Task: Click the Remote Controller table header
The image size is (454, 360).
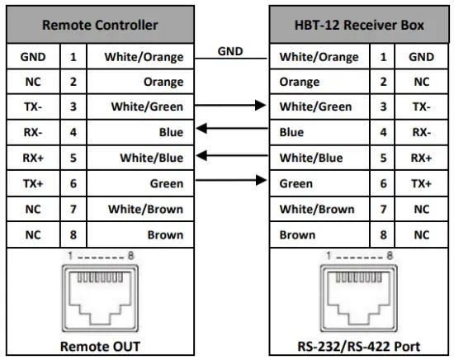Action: (x=101, y=25)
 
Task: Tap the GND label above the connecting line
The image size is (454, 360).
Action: (x=230, y=51)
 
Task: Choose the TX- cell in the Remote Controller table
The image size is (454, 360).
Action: (x=32, y=107)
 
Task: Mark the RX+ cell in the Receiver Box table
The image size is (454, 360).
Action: (x=423, y=158)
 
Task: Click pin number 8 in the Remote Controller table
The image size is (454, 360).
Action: (x=73, y=234)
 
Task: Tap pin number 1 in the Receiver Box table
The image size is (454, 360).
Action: (x=383, y=57)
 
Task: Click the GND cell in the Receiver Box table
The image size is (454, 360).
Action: (x=423, y=57)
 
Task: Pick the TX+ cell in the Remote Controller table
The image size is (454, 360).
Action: (x=32, y=183)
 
